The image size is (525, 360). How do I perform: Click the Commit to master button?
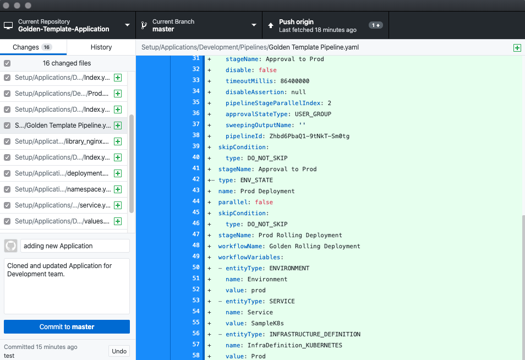[x=67, y=326]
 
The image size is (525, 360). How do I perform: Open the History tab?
[x=101, y=47]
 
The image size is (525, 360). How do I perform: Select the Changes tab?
[x=33, y=47]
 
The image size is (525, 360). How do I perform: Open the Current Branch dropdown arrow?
[x=254, y=25]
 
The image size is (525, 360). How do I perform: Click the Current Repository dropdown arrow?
[x=127, y=25]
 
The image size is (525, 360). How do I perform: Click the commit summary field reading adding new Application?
[x=75, y=246]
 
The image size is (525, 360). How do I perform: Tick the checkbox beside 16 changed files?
[x=7, y=63]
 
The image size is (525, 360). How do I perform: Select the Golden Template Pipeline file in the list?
[x=63, y=126]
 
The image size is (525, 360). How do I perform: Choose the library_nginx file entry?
[x=63, y=141]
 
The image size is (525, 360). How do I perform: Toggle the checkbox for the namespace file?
[x=7, y=189]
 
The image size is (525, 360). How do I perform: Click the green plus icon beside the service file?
[x=118, y=205]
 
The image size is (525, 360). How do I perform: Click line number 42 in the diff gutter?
[x=196, y=179]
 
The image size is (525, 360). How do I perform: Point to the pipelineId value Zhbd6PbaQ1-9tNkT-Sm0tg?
[x=309, y=136]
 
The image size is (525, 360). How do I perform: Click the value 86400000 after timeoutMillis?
[x=294, y=81]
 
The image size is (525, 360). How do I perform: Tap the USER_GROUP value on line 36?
[x=313, y=114]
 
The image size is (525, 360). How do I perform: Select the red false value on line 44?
[x=264, y=202]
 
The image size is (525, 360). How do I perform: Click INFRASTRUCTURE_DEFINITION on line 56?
[x=315, y=334]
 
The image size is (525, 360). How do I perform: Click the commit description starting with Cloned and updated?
[x=59, y=270]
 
